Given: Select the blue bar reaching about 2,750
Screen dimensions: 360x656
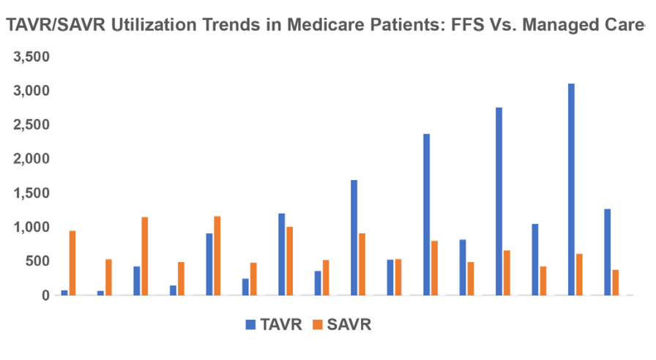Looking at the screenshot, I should coord(499,201).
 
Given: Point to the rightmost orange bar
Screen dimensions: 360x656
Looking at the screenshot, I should coord(616,282).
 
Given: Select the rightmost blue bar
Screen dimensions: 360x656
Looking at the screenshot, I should coord(607,252).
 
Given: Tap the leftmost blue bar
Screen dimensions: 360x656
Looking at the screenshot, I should coord(64,293).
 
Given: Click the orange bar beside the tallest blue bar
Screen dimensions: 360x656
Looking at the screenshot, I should coord(579,274).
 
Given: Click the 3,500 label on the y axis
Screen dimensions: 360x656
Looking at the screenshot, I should coord(30,57).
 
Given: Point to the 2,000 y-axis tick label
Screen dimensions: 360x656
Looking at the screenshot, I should coord(30,159).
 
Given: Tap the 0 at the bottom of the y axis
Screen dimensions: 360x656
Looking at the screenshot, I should coord(45,295).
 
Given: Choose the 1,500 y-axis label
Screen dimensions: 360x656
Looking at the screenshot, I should coord(30,193).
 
